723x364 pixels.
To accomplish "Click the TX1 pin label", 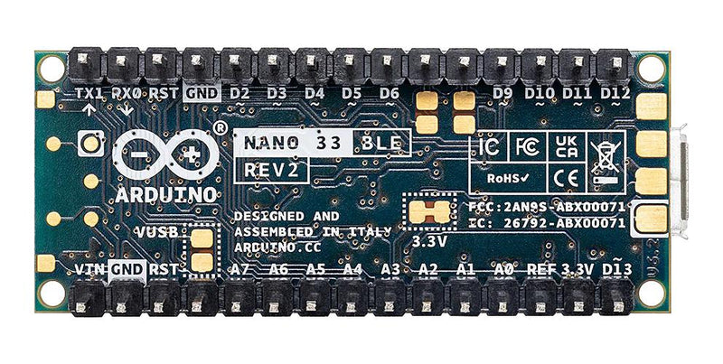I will (89, 92).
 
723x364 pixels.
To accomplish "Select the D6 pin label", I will (390, 93).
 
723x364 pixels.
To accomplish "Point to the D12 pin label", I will (615, 93).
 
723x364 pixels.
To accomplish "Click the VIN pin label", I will (89, 269).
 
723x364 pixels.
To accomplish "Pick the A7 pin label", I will (240, 269).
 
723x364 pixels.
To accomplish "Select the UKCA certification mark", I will (565, 147).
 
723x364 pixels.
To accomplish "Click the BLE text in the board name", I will (382, 142).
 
